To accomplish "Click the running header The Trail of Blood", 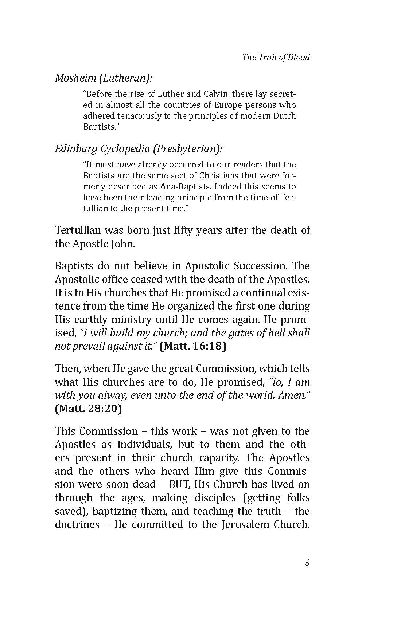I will pos(276,57).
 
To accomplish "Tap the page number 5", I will pos(307,563).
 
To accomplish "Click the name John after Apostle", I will pos(122,244).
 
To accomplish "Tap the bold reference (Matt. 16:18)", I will pos(193,346).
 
